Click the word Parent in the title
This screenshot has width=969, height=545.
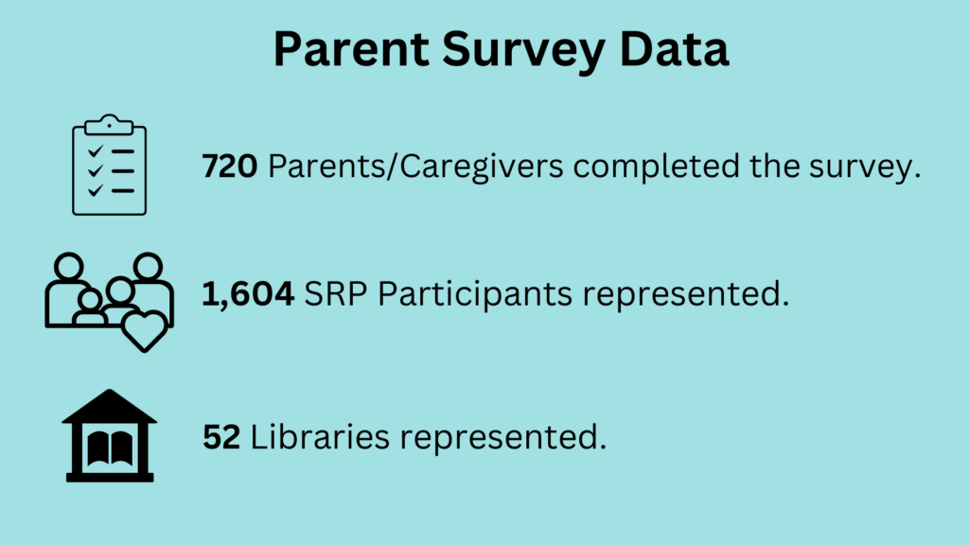click(351, 49)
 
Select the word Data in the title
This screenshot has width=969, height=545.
click(674, 49)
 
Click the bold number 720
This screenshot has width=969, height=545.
click(229, 167)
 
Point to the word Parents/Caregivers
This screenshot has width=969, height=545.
click(415, 167)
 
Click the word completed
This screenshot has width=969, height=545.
click(656, 167)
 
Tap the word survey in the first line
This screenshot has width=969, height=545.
click(859, 167)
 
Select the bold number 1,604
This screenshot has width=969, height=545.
click(248, 293)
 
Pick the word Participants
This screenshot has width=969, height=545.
click(475, 294)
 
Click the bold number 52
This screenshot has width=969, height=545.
click(221, 437)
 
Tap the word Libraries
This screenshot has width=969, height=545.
click(320, 436)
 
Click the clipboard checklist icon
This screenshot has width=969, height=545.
click(110, 165)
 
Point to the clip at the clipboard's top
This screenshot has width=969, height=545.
click(110, 125)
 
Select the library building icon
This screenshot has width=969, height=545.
click(110, 435)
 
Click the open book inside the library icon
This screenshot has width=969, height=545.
click(110, 448)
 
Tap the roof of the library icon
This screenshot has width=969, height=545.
click(110, 406)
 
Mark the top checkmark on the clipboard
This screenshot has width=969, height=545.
click(96, 150)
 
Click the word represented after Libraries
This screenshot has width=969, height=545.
click(503, 437)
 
